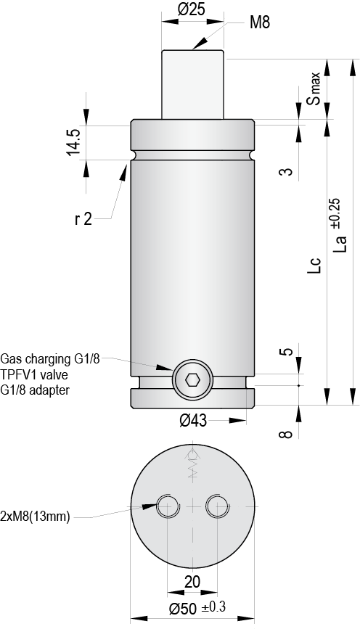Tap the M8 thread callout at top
(259, 23)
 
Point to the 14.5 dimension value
(73, 141)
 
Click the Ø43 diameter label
(194, 420)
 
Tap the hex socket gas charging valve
(192, 379)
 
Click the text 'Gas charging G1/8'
(50, 358)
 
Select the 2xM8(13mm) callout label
(36, 517)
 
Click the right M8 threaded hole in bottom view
(217, 506)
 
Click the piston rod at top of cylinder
(192, 83)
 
